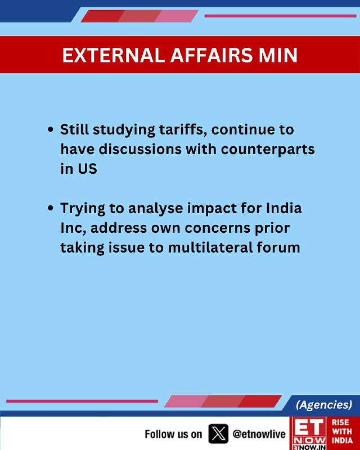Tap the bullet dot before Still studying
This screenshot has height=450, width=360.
click(x=51, y=130)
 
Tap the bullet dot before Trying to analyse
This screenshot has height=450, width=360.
click(x=51, y=208)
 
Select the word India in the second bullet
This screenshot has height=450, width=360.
click(x=283, y=208)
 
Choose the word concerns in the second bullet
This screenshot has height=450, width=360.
click(x=217, y=228)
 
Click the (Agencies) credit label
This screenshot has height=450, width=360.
click(x=324, y=404)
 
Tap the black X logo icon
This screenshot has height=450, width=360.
click(x=218, y=434)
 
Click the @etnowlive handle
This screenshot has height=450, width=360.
click(x=259, y=434)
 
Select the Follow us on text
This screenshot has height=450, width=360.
click(x=173, y=434)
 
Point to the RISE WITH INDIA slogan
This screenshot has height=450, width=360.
click(x=342, y=431)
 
